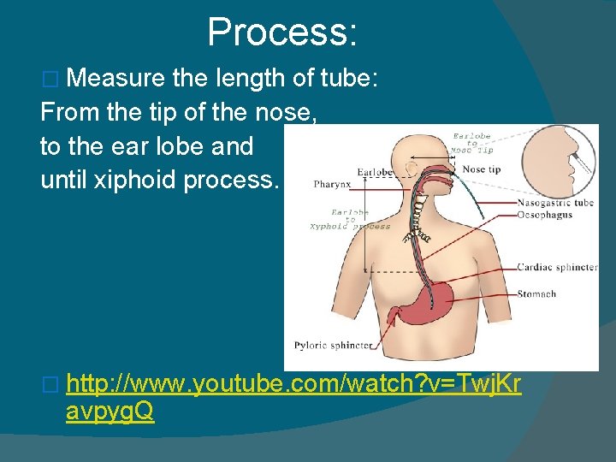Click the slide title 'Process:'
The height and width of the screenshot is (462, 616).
click(282, 33)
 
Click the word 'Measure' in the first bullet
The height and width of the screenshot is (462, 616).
click(115, 79)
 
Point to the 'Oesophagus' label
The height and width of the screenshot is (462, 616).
click(545, 215)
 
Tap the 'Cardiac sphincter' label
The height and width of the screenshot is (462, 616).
click(557, 267)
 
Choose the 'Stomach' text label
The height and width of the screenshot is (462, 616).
click(536, 294)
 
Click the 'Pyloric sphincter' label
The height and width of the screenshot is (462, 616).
click(334, 346)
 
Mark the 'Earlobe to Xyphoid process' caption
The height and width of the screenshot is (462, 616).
click(350, 220)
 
